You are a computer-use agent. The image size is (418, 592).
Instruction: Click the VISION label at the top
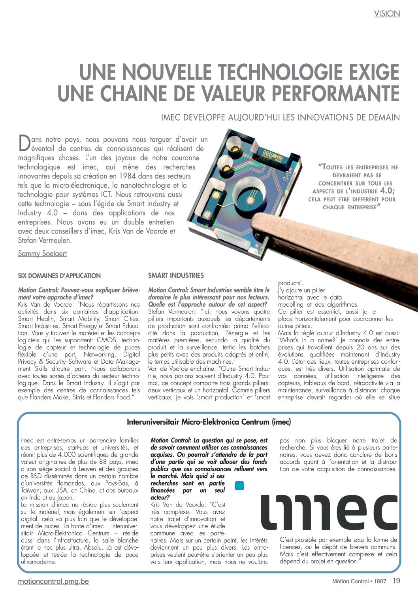click(x=387, y=14)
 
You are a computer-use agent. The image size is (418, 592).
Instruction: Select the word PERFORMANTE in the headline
click(x=335, y=93)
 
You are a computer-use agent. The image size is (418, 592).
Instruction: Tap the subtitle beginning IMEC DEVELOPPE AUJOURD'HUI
click(x=280, y=118)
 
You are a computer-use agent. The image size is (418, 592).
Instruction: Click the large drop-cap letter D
click(x=24, y=143)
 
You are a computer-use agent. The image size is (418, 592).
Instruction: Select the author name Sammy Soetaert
click(x=42, y=254)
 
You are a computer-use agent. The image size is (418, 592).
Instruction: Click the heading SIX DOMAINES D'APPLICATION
click(x=59, y=276)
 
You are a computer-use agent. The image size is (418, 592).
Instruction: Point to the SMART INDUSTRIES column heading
click(x=176, y=275)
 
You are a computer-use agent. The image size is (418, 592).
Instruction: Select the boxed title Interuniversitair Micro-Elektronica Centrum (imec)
click(x=209, y=422)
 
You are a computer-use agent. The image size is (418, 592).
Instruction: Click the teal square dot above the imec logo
click(x=239, y=486)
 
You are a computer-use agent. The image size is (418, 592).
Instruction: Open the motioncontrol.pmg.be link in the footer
click(x=53, y=581)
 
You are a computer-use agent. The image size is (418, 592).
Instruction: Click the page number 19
click(x=396, y=581)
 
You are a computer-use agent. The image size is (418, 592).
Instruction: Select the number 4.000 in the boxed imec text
click(x=66, y=455)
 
